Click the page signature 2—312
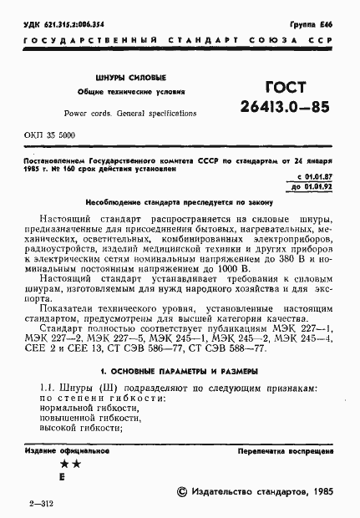pos(41,503)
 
